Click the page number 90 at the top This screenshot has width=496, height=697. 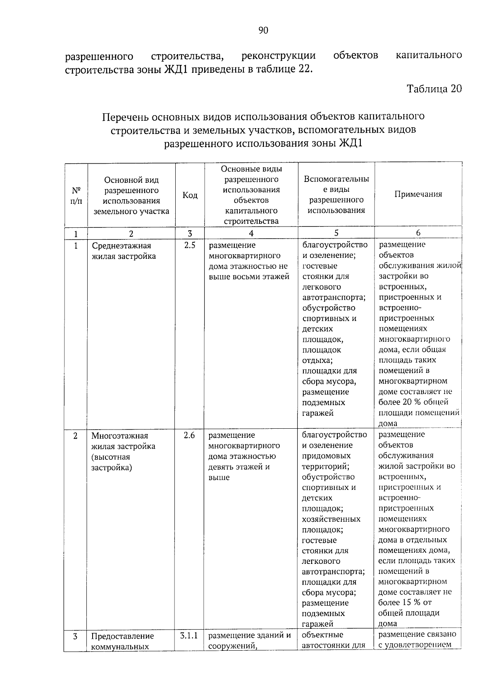click(x=263, y=30)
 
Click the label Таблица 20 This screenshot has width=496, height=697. click(x=434, y=89)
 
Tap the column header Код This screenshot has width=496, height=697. click(x=190, y=195)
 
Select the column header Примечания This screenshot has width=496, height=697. click(x=418, y=194)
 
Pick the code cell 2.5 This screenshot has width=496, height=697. click(x=189, y=246)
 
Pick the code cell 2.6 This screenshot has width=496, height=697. click(x=189, y=435)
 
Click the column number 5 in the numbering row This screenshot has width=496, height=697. click(x=336, y=233)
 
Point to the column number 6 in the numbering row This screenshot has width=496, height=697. click(x=418, y=233)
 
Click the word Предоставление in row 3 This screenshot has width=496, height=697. click(x=122, y=636)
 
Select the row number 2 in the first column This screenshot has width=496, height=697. click(x=76, y=436)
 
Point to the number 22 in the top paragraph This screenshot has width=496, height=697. click(x=302, y=69)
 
